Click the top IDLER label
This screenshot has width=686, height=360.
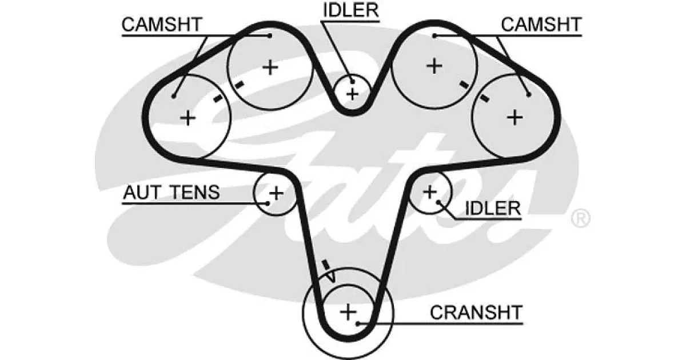tap(351, 10)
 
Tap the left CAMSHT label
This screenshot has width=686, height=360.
tap(162, 25)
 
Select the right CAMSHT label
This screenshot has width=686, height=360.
tap(541, 25)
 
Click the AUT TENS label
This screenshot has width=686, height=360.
tap(171, 192)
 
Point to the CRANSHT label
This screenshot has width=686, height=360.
tap(476, 313)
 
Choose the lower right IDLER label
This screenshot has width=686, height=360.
tap(493, 209)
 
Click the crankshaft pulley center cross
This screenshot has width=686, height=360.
tap(348, 312)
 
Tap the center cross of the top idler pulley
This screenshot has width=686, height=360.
tap(353, 94)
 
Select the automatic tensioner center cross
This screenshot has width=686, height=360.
tap(276, 193)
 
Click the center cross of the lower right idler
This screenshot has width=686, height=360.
tap(430, 192)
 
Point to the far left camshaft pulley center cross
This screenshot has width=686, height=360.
tap(188, 118)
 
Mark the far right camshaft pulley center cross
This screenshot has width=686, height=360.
tap(515, 118)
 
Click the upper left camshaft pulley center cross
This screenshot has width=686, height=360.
tap(270, 67)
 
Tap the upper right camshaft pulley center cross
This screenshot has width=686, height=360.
tap(434, 66)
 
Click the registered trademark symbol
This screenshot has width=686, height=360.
tap(581, 218)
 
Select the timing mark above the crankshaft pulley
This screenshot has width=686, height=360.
tap(325, 265)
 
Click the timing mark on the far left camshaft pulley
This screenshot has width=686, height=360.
tap(218, 98)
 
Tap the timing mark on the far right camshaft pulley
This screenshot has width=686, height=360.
tap(485, 98)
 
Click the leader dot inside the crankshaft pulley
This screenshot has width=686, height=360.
tap(357, 323)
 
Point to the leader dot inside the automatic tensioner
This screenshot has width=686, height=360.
tap(268, 203)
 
